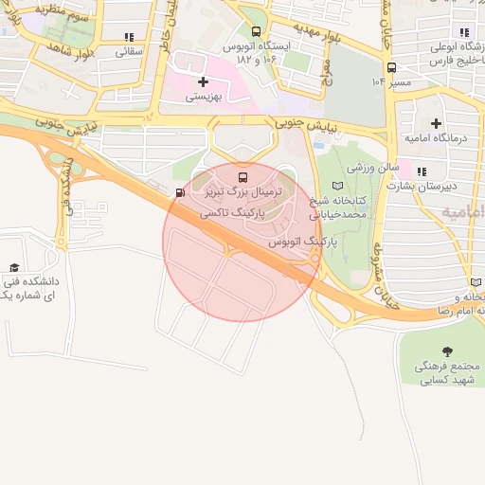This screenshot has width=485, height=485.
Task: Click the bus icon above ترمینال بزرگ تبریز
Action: coord(242,177)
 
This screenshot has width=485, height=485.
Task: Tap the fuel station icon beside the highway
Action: coord(180,193)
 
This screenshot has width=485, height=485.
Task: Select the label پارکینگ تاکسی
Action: coord(230,215)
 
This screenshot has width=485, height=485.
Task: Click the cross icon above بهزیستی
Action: coord(203,82)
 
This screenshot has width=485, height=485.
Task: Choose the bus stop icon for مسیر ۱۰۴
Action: coord(391,67)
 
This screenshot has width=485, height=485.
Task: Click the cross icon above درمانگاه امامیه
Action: coord(436,123)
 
